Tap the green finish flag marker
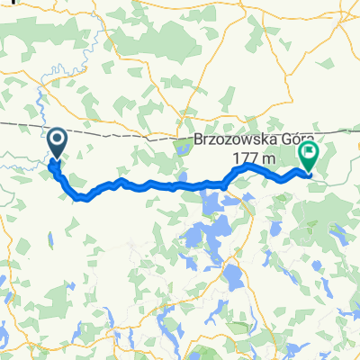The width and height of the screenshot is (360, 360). pyautogui.click(x=309, y=156)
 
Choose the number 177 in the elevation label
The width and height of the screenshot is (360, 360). pyautogui.click(x=245, y=158)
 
